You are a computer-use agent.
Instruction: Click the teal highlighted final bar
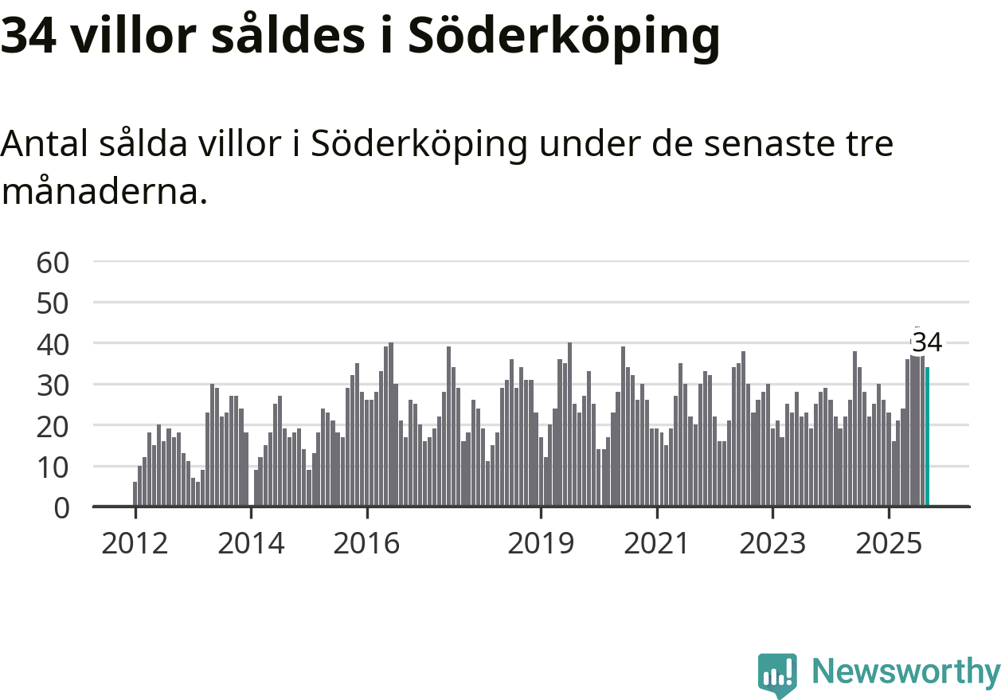coord(927,436)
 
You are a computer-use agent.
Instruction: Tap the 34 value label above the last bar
coord(927,343)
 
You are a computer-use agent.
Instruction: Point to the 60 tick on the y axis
coord(53,262)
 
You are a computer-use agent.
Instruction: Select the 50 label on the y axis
coord(53,303)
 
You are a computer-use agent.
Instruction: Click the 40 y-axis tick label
coord(53,344)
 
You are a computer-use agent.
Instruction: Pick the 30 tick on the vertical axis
coord(53,385)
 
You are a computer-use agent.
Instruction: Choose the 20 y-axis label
coord(53,426)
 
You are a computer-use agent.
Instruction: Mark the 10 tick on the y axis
coord(53,467)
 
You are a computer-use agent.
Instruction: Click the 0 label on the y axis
coord(62,507)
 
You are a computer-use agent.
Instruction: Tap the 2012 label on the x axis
coord(135,543)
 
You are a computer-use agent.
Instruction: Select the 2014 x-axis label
coord(251,543)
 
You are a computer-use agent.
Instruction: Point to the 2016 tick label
coord(366,543)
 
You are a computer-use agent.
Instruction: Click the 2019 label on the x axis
coord(541,543)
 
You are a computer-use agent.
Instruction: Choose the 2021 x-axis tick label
coord(656,543)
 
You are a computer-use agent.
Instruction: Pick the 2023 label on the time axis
coord(772,543)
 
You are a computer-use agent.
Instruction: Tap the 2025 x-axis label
coord(888,543)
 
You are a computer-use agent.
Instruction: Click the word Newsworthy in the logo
coord(906,671)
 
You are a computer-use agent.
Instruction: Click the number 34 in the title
coord(29,36)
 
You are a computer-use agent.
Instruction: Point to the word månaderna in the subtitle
coord(104,191)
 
